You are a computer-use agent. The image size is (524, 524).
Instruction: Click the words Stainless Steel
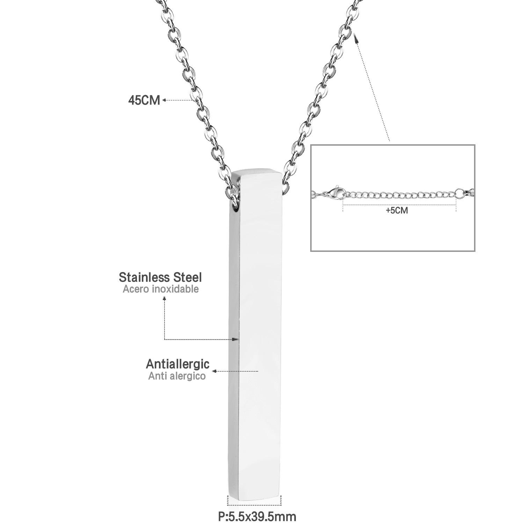160,277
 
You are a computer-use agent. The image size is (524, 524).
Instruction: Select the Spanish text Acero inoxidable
161,289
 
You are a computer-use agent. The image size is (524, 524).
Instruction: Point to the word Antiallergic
177,364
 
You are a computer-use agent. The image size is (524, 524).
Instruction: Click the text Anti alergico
177,376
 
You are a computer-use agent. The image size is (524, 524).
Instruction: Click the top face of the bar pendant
258,173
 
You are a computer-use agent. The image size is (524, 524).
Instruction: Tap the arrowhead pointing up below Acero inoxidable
165,298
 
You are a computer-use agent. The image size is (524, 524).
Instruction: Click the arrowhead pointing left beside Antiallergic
215,371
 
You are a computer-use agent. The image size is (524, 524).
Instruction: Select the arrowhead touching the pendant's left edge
236,339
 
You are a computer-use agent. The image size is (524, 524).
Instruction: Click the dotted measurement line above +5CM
399,204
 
